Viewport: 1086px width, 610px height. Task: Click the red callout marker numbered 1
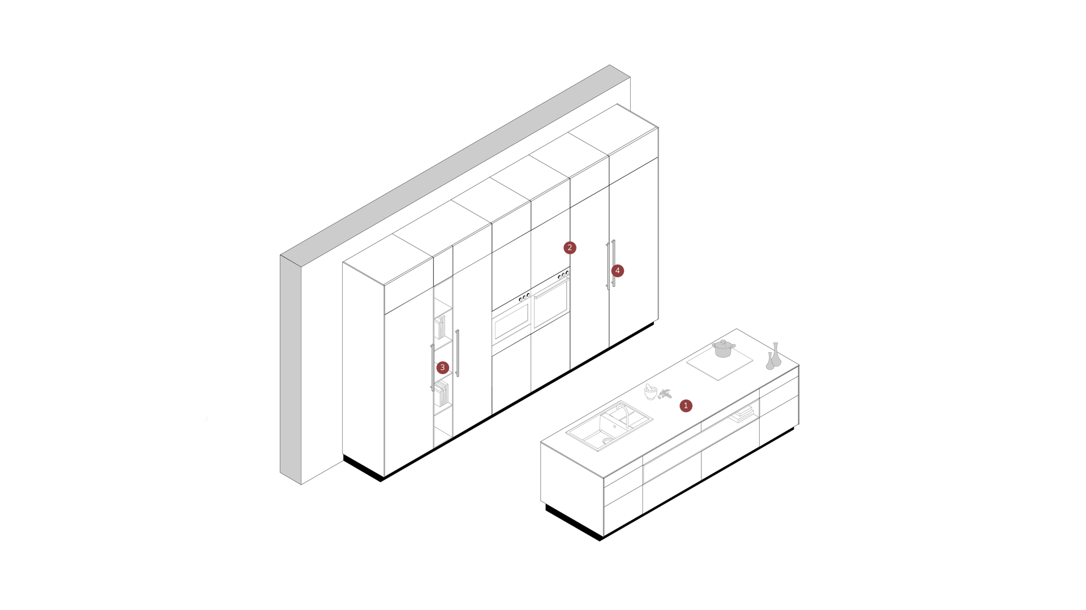click(686, 405)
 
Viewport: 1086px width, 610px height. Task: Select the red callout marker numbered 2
click(570, 248)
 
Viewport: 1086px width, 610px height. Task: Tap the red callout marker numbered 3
click(442, 367)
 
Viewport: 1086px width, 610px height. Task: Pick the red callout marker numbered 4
click(617, 271)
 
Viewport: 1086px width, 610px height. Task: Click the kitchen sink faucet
click(622, 412)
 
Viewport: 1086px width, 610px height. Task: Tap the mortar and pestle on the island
click(650, 391)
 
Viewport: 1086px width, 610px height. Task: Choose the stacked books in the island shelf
click(742, 416)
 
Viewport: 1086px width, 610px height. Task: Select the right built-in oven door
click(551, 304)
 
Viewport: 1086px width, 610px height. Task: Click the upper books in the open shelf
click(441, 328)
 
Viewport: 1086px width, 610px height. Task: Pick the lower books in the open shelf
click(442, 393)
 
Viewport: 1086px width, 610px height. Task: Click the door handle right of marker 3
click(458, 353)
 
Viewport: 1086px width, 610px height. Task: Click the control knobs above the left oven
click(524, 296)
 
